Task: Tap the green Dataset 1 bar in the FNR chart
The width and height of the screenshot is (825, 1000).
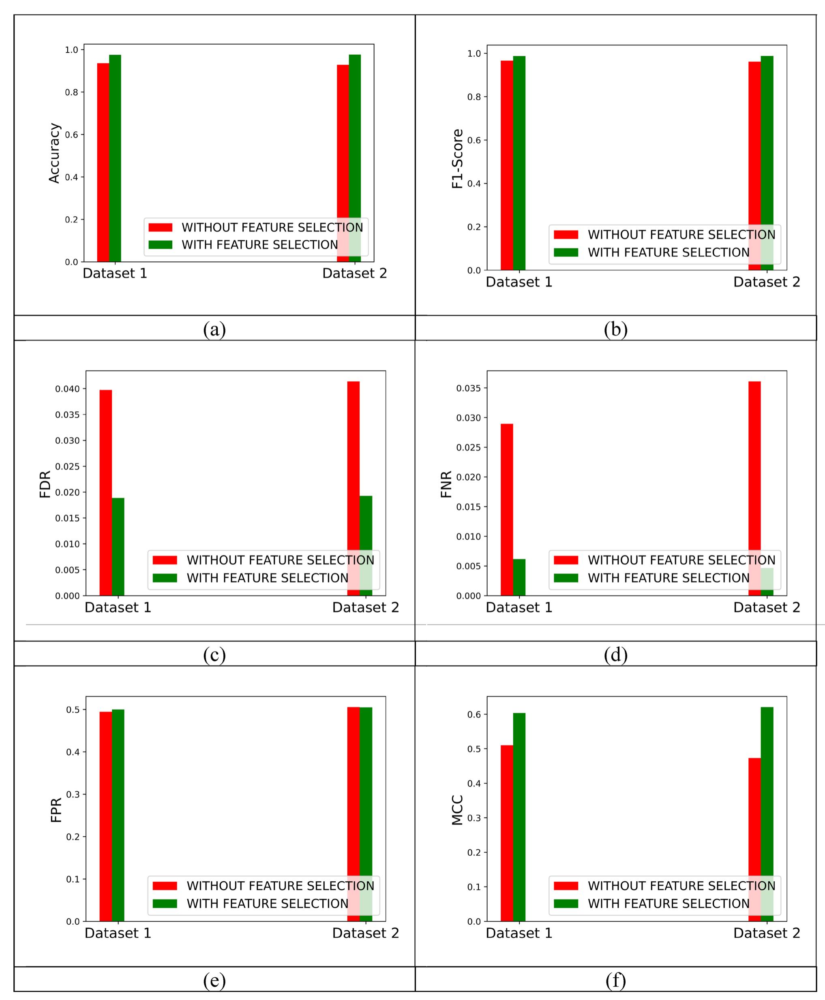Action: [x=519, y=577]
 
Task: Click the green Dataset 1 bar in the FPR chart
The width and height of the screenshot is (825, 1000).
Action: [x=118, y=815]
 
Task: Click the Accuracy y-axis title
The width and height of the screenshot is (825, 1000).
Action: [x=54, y=153]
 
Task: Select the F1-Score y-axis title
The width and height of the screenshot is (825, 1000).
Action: [x=457, y=159]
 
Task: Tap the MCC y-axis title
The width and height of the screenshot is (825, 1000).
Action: [x=457, y=810]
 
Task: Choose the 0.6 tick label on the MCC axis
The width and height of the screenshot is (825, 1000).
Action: [x=474, y=714]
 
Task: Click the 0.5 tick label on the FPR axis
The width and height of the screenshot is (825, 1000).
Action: [x=73, y=710]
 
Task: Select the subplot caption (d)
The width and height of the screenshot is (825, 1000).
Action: [x=615, y=655]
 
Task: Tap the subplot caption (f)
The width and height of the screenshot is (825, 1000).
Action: [x=615, y=981]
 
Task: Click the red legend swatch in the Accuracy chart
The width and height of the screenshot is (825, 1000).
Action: [x=160, y=228]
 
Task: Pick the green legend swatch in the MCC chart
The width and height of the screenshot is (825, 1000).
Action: [x=566, y=903]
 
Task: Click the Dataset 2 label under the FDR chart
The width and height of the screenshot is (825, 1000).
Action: [x=365, y=608]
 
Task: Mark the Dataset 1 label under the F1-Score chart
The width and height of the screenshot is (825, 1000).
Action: [x=519, y=282]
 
